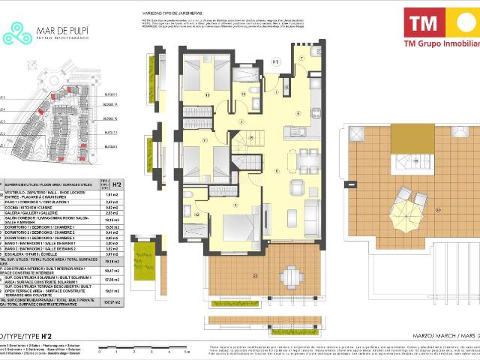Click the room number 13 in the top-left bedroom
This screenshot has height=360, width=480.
[206, 95]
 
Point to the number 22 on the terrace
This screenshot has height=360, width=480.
[254, 276]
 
